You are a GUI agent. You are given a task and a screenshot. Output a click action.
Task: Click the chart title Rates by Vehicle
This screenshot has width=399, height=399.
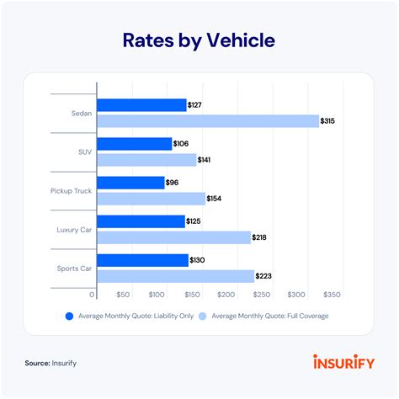click(199, 40)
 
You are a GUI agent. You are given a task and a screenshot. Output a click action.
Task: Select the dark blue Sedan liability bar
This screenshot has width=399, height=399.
click(141, 105)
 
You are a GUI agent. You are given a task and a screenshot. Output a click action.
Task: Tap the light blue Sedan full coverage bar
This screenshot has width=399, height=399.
click(208, 121)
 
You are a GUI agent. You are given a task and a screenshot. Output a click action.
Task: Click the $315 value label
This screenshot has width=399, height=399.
click(332, 121)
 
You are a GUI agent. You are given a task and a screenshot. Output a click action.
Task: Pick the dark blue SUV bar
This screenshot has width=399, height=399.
click(134, 144)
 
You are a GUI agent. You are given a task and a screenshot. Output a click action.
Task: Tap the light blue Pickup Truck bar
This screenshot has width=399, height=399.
click(152, 199)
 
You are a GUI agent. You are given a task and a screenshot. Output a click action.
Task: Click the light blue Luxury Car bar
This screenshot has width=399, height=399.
click(174, 237)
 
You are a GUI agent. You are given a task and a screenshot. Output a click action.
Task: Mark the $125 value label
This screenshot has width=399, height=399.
click(197, 221)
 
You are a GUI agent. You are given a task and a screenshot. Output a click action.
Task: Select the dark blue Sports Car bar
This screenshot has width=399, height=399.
click(142, 260)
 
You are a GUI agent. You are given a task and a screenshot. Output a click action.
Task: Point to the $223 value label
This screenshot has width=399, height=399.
click(266, 276)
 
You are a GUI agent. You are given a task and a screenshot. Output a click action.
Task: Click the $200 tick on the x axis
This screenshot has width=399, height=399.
click(226, 295)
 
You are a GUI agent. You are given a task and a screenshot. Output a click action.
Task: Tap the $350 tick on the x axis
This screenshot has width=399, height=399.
click(331, 295)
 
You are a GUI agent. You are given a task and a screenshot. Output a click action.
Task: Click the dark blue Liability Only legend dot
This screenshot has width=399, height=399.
click(69, 317)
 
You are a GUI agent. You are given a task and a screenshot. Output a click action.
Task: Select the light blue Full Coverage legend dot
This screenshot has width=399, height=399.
click(202, 317)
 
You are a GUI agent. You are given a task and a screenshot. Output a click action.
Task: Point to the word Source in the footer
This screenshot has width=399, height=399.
click(40, 364)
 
